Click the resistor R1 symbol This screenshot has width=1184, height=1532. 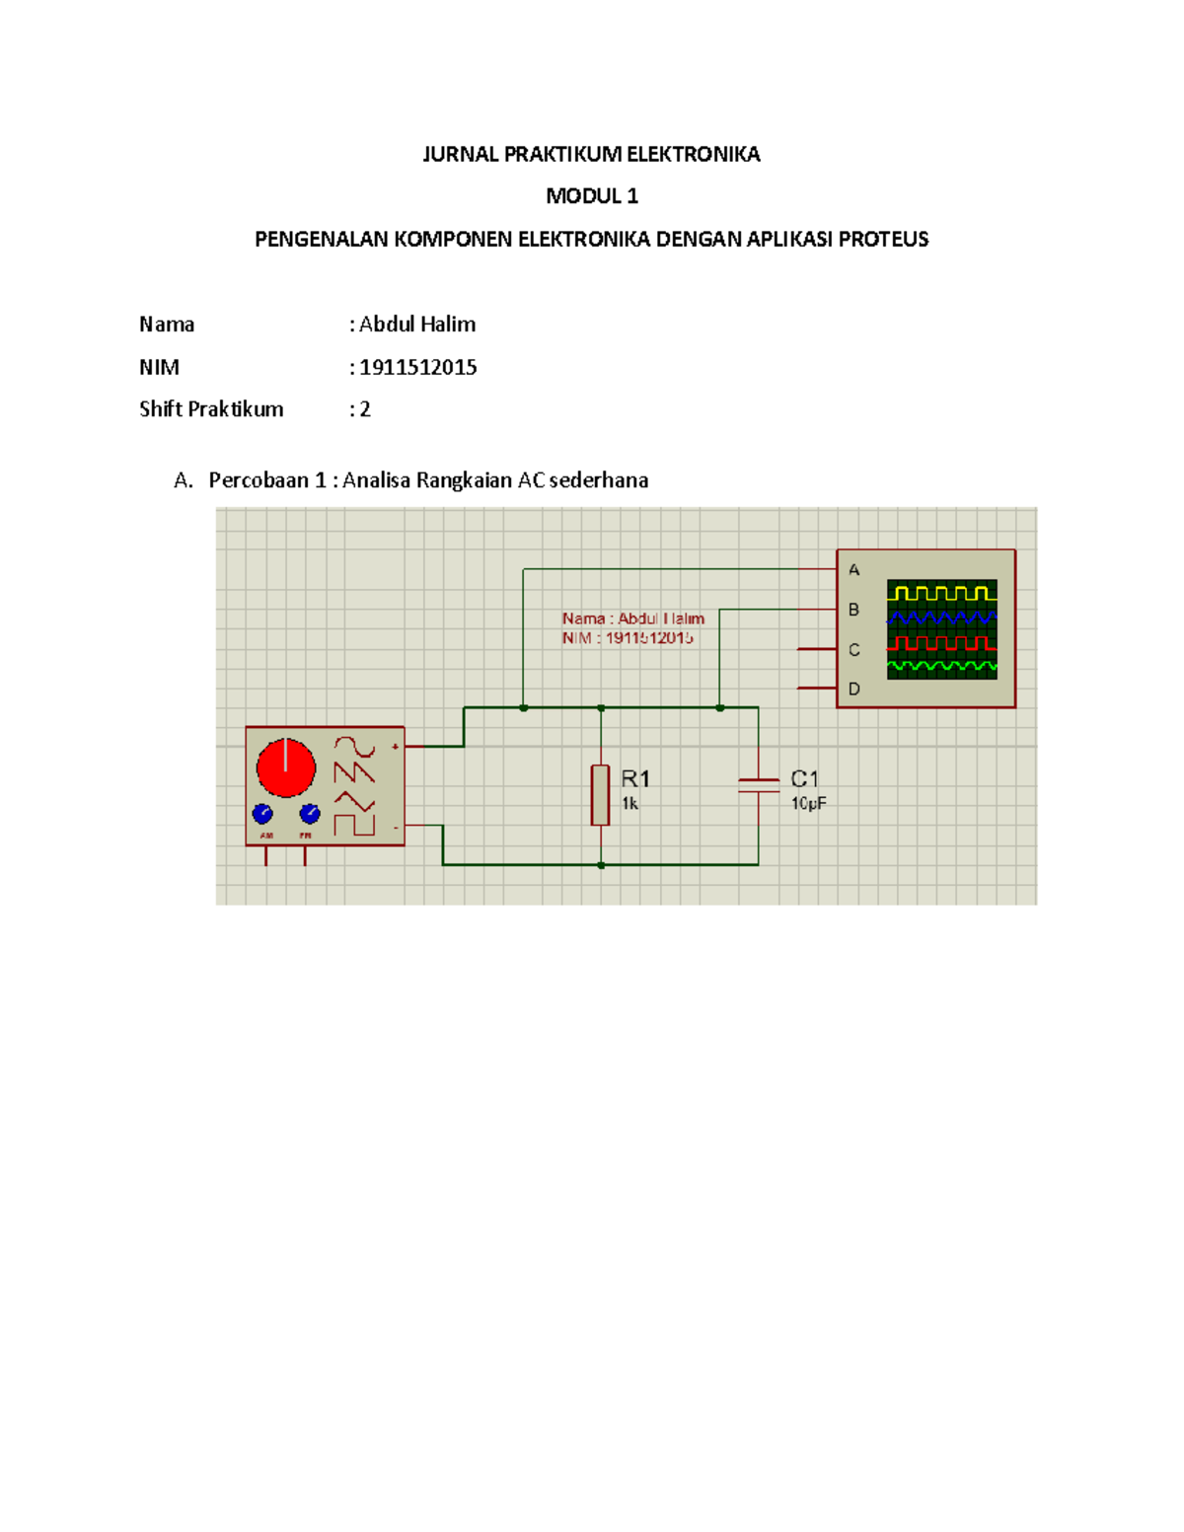600,794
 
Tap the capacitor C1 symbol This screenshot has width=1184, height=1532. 758,785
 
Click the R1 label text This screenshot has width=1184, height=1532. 635,779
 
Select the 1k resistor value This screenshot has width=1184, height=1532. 629,804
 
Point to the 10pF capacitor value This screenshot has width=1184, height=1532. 808,804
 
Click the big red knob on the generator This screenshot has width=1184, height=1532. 286,766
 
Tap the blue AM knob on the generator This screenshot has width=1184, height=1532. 262,814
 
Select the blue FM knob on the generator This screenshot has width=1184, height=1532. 309,814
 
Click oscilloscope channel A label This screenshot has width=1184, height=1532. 854,570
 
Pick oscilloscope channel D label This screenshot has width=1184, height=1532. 854,689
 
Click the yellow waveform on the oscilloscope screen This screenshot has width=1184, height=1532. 941,593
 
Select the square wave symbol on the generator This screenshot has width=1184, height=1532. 354,825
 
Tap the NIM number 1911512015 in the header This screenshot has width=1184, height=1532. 417,367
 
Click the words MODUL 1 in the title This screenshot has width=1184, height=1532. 592,196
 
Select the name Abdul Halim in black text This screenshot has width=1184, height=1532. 417,325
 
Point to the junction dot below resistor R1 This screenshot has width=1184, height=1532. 601,865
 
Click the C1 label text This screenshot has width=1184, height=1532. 804,779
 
